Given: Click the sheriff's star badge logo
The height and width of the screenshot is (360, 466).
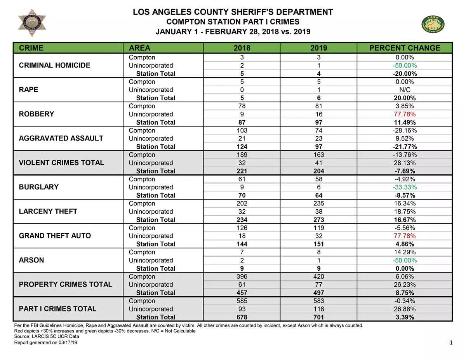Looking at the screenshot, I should pyautogui.click(x=32, y=23).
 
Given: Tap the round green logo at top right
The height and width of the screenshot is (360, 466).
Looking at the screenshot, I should pyautogui.click(x=433, y=24).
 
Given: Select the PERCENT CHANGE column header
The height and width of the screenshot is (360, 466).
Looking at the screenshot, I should pyautogui.click(x=405, y=48).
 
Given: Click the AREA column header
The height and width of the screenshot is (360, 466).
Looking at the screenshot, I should pyautogui.click(x=139, y=48).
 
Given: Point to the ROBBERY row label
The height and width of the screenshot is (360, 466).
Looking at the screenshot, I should pyautogui.click(x=37, y=114).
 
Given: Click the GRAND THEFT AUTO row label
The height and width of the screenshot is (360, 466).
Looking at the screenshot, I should pyautogui.click(x=55, y=236).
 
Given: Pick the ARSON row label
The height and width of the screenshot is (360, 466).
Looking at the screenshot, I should pyautogui.click(x=31, y=260).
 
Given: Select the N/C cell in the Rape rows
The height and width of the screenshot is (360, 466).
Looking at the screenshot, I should pyautogui.click(x=405, y=90).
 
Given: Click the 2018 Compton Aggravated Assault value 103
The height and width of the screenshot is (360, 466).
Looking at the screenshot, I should pyautogui.click(x=242, y=130).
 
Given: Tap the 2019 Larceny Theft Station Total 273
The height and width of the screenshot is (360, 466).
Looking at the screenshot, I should pyautogui.click(x=318, y=220).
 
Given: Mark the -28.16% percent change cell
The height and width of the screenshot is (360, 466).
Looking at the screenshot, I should pyautogui.click(x=405, y=130).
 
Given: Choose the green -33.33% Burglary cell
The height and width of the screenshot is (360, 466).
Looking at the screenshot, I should pyautogui.click(x=405, y=187).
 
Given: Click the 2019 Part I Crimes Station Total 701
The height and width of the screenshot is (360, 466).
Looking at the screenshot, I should pyautogui.click(x=318, y=317).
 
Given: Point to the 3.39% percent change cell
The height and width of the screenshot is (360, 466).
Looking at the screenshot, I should pyautogui.click(x=405, y=317).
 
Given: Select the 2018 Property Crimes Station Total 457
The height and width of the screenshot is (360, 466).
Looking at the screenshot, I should pyautogui.click(x=242, y=293).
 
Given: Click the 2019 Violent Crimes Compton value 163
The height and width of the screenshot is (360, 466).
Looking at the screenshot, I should pyautogui.click(x=318, y=155).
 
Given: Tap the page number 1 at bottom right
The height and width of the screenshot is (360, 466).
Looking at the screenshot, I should pyautogui.click(x=451, y=342).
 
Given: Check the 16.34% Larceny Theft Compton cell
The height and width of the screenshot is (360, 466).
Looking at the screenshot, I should pyautogui.click(x=405, y=203).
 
